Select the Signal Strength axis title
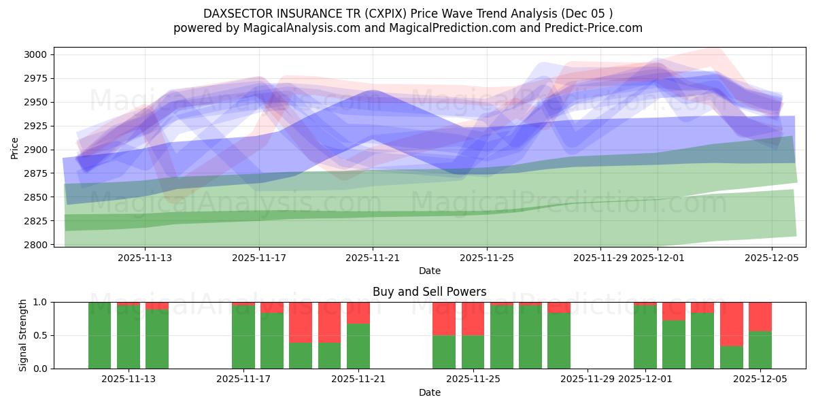[x=23, y=335]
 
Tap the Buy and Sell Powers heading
[x=429, y=292]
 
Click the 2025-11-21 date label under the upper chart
[x=373, y=258]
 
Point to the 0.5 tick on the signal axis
[x=40, y=335]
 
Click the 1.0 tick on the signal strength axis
[x=40, y=302]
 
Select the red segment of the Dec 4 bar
[x=732, y=324]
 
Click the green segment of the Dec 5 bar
[x=760, y=350]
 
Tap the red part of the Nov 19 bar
[x=301, y=322]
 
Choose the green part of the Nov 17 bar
[x=243, y=337]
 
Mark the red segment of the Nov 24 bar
[x=444, y=318]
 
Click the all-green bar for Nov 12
[x=99, y=335]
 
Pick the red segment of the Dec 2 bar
[x=674, y=311]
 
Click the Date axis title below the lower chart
[x=429, y=392]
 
